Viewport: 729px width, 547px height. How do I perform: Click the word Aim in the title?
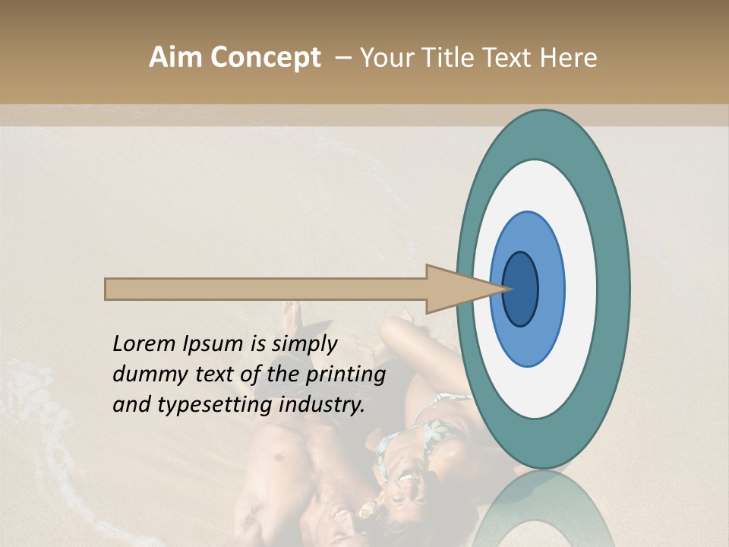click(176, 58)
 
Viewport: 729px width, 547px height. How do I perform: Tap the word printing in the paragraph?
click(346, 375)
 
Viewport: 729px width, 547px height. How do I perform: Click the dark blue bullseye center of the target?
click(521, 289)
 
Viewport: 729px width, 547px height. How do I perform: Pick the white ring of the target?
click(582, 289)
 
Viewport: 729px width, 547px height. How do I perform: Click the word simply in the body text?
click(305, 344)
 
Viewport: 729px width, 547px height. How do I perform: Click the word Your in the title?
click(384, 58)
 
